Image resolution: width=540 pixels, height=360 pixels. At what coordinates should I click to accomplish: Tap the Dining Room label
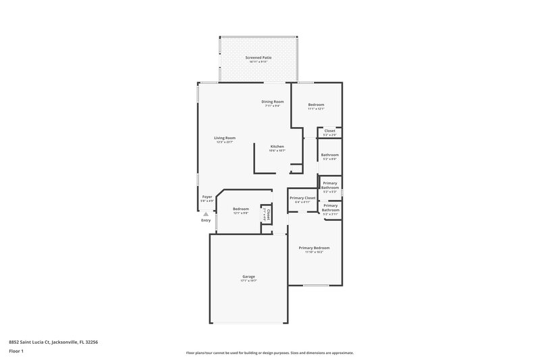pyautogui.click(x=273, y=101)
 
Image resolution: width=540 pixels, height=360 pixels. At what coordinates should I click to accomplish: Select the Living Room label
pyautogui.click(x=225, y=138)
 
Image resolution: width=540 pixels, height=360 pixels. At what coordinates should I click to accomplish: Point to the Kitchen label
pyautogui.click(x=277, y=147)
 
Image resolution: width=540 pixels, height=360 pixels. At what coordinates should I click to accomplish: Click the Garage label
pyautogui.click(x=249, y=276)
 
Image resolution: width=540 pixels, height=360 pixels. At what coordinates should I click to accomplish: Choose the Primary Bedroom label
pyautogui.click(x=314, y=248)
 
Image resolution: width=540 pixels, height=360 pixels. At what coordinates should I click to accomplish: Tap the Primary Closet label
pyautogui.click(x=303, y=198)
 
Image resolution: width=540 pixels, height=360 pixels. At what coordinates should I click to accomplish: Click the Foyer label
pyautogui.click(x=207, y=197)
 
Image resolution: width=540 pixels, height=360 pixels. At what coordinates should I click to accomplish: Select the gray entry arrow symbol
pyautogui.click(x=206, y=214)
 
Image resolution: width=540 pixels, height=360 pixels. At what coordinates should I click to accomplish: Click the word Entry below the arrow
pyautogui.click(x=206, y=221)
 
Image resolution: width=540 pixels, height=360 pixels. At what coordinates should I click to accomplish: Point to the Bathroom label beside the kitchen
pyautogui.click(x=330, y=155)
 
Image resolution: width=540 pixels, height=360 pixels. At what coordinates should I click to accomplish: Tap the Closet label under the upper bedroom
pyautogui.click(x=330, y=131)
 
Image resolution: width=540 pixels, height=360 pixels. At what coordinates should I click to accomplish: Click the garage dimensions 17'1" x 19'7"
pyautogui.click(x=249, y=281)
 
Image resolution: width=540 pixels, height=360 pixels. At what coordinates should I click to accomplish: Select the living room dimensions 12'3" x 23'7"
pyautogui.click(x=225, y=143)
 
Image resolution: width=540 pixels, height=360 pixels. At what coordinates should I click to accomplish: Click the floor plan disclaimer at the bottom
pyautogui.click(x=270, y=353)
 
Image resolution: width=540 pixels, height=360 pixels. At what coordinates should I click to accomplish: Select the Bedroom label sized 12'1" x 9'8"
pyautogui.click(x=241, y=209)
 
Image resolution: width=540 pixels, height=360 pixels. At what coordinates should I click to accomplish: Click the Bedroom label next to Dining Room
pyautogui.click(x=316, y=104)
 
